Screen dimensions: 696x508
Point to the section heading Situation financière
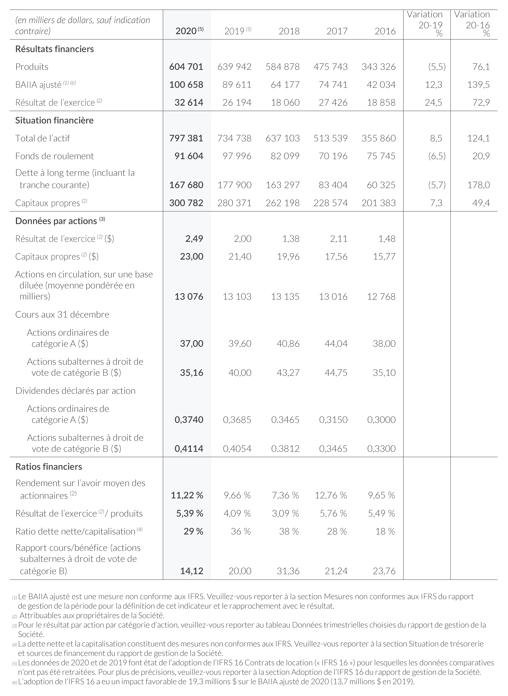(54, 120)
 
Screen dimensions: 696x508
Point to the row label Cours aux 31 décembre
(62, 315)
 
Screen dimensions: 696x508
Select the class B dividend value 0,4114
(189, 449)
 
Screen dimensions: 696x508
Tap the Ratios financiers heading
(49, 467)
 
